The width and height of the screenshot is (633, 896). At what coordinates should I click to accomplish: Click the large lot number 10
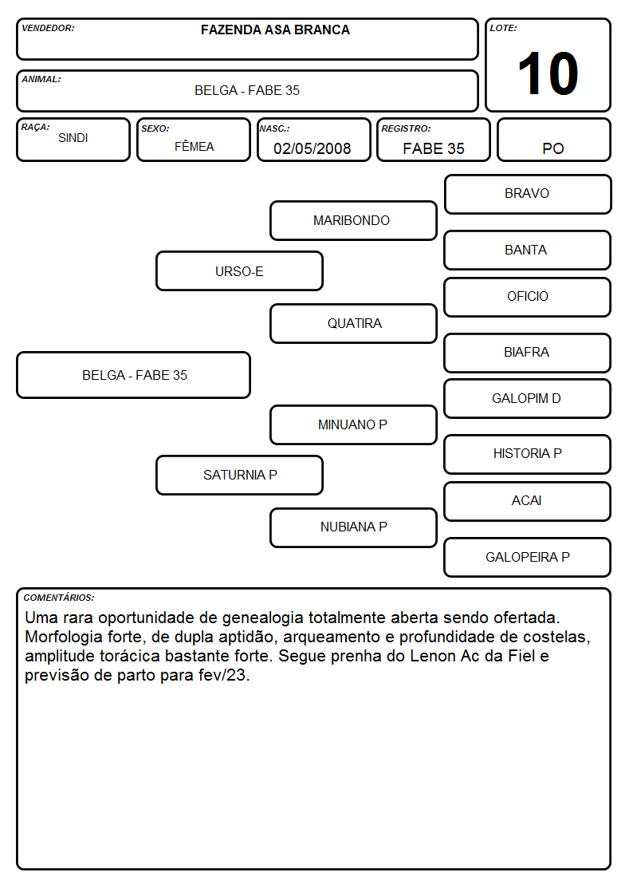(548, 73)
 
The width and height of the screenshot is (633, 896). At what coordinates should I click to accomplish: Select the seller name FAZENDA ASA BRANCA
(275, 30)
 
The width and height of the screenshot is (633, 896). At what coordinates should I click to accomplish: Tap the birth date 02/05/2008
(313, 148)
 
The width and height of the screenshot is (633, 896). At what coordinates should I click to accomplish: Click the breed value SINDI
(73, 138)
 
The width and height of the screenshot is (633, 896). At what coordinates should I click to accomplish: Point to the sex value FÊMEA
(194, 146)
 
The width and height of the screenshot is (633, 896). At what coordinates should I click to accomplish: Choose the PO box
(553, 140)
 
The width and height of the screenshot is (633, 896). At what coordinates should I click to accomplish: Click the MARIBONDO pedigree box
(353, 220)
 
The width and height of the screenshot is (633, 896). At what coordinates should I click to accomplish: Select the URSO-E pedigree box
(240, 271)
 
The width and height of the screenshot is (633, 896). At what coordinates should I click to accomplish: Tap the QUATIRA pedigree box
(353, 323)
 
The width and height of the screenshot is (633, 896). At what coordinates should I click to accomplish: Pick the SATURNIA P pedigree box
(240, 475)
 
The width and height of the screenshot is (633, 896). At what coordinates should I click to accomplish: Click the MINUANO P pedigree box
(353, 424)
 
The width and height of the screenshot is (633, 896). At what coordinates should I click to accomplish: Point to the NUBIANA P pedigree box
(353, 527)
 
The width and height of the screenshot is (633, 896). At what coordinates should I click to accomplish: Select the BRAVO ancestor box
(528, 195)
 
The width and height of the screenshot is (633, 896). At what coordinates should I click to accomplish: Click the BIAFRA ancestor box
(528, 353)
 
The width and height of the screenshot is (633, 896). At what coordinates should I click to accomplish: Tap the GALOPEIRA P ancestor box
(528, 557)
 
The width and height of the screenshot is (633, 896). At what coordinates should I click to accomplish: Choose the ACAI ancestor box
(528, 501)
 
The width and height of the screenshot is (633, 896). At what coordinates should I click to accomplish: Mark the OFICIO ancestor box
(528, 297)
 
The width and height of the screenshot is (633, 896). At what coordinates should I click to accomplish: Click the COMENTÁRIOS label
(59, 598)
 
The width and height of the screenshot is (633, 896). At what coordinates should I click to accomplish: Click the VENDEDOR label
(48, 28)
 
